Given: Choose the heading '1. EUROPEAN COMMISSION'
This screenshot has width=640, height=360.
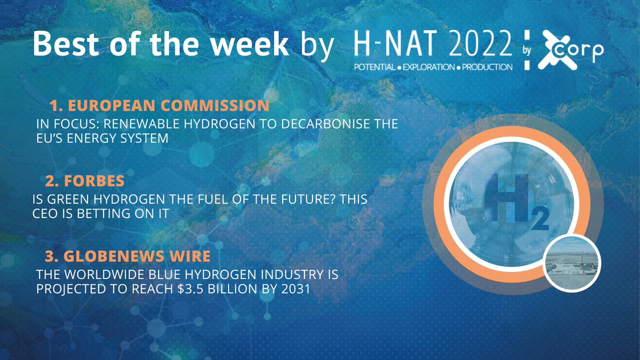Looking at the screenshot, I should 159,105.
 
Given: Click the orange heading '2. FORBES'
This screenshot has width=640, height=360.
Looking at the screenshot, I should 85,181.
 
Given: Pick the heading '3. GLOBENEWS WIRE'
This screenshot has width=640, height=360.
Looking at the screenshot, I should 127,257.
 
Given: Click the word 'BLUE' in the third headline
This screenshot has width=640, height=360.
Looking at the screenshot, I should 155,276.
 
